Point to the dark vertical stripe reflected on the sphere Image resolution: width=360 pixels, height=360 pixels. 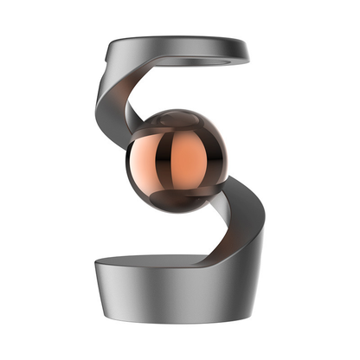(170, 164)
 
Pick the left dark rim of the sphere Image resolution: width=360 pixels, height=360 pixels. (131, 164)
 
